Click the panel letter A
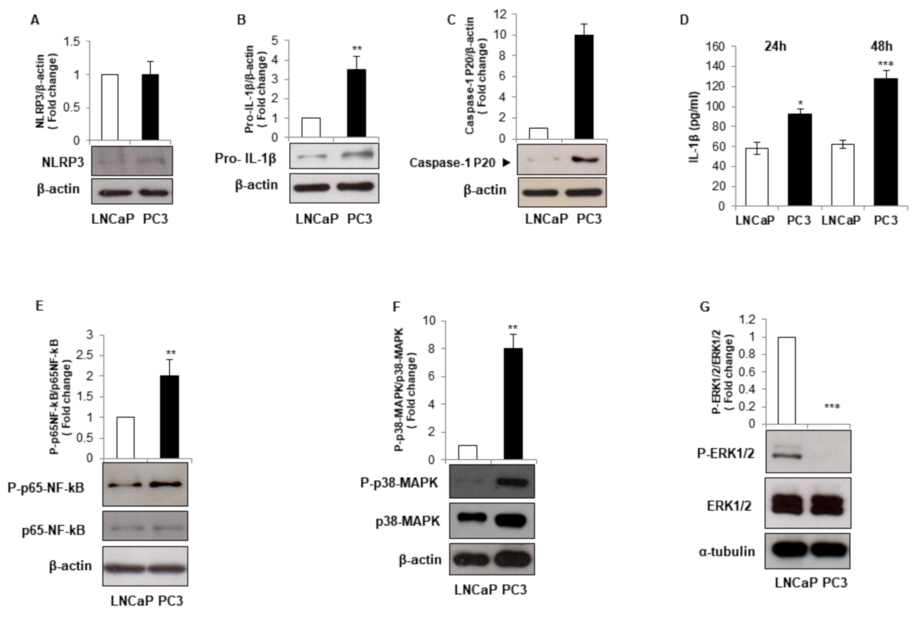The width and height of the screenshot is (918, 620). coord(35,20)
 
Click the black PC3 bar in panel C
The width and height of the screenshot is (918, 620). coord(583,87)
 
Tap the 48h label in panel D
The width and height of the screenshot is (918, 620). coord(882,46)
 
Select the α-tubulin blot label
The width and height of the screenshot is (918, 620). coord(726,551)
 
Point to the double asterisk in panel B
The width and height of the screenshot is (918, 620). coord(356,49)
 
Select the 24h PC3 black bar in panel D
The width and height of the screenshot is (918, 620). coord(799,159)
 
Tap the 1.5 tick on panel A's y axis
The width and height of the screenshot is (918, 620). coord(73,42)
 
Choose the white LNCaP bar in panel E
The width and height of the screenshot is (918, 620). coord(125,438)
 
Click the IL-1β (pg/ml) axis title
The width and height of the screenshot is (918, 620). coord(694,126)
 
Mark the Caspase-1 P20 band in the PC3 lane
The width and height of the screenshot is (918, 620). coord(585,160)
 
